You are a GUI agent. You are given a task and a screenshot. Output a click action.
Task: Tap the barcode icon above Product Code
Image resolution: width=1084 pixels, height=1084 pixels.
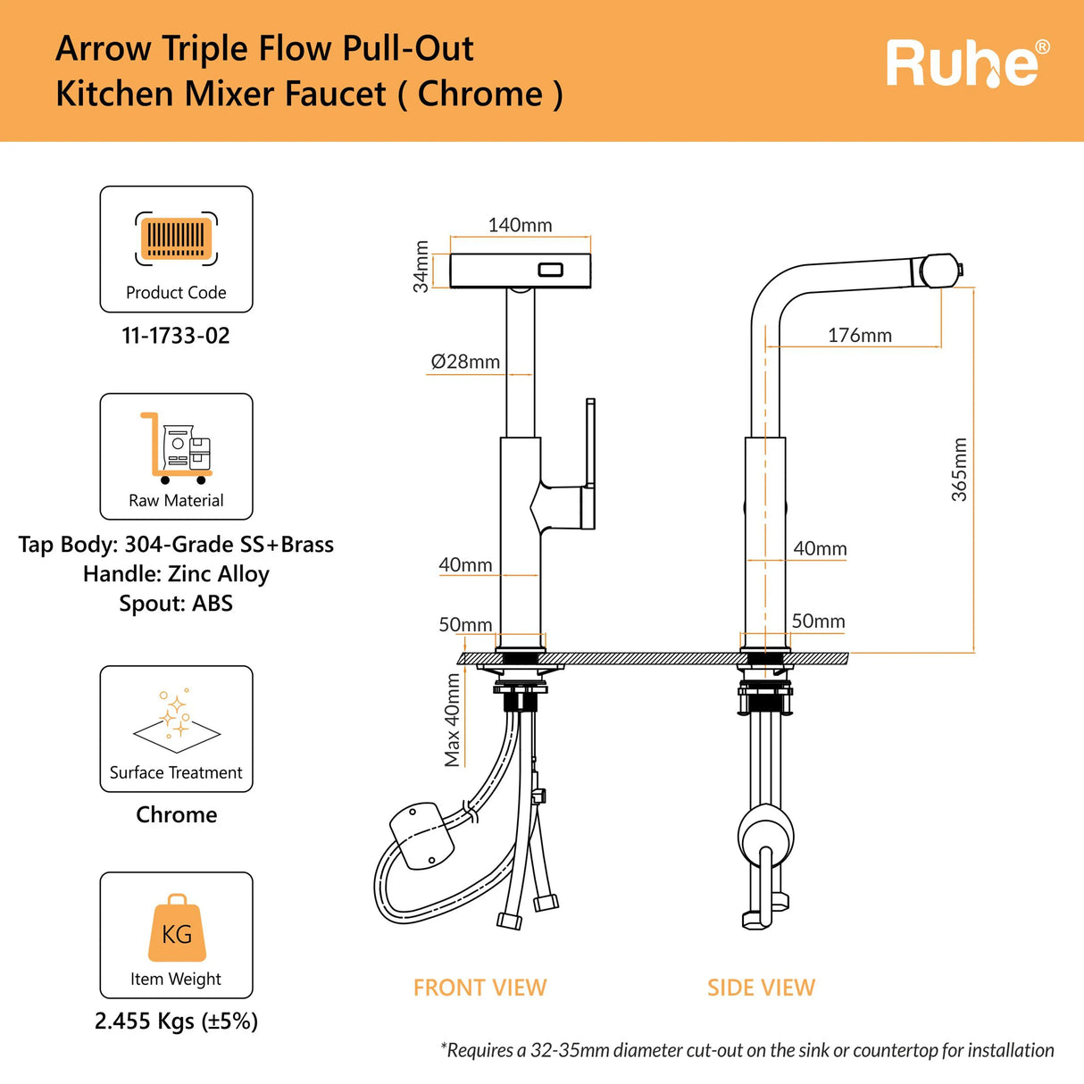176,238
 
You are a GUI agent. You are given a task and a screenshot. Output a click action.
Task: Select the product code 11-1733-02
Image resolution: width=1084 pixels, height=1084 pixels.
176,336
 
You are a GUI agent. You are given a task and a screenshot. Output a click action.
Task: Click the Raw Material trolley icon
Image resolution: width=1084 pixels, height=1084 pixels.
176,447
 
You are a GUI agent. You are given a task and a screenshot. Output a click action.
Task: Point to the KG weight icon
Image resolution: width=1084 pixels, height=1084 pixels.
177,930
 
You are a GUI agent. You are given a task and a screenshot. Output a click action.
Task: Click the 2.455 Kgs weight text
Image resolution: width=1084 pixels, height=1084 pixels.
176,1021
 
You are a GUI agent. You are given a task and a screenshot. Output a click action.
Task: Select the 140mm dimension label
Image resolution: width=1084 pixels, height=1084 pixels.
520,225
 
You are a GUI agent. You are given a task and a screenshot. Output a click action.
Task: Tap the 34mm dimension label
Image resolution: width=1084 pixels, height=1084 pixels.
421,267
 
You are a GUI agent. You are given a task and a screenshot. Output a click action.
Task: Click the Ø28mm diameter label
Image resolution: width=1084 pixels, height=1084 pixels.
465,362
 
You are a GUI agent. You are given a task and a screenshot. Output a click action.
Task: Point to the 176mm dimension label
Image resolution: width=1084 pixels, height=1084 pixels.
859,336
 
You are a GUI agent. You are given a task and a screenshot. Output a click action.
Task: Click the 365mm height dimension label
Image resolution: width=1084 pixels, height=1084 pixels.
960,470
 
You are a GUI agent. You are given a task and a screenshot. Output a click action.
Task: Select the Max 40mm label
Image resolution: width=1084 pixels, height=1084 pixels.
453,720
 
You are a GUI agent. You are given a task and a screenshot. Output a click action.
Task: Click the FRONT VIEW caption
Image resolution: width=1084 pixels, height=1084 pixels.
479,988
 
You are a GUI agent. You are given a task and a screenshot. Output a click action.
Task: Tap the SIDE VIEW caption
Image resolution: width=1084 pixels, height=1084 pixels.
761,988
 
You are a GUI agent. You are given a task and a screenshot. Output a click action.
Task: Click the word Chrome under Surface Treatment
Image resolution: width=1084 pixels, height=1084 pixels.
176,814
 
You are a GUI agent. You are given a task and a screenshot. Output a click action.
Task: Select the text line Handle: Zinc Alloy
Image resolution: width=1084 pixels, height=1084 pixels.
176,574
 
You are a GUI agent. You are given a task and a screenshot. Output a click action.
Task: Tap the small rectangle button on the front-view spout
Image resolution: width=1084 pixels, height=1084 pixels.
549,270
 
